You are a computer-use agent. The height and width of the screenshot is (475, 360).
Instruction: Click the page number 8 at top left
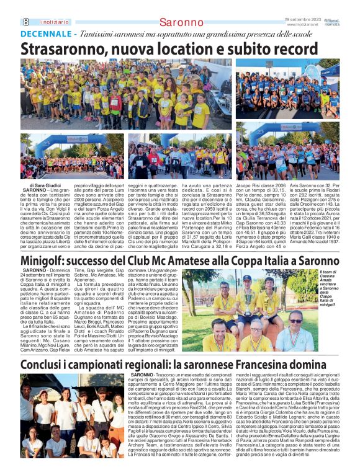(x=25, y=21)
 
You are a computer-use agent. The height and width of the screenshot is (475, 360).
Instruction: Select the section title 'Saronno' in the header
(x=181, y=22)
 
